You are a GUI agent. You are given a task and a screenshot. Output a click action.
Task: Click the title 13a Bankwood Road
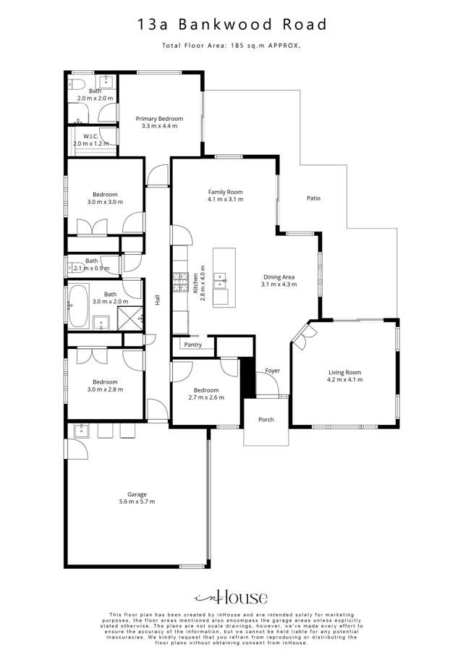coord(231,25)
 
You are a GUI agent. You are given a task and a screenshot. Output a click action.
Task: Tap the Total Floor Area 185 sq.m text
coord(231,46)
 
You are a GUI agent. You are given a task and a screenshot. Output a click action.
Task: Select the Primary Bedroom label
coord(159,119)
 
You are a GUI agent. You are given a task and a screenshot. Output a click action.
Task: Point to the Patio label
coord(313,198)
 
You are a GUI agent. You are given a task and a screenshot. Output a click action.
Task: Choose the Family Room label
coord(225,191)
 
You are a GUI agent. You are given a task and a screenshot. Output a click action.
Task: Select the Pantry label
coord(192,345)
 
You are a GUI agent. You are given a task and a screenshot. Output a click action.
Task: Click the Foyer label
coord(272,371)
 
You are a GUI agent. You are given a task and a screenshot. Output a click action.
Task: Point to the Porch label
coord(266,419)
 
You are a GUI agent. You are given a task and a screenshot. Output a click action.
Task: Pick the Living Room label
coord(344,373)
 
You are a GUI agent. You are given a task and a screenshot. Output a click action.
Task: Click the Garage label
coord(137,494)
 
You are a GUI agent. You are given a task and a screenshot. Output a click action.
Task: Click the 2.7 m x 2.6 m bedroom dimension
coord(206,397)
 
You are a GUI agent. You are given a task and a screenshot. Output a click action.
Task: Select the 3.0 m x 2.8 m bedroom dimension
coord(105,389)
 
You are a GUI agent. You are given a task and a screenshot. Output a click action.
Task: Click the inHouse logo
coord(231,597)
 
